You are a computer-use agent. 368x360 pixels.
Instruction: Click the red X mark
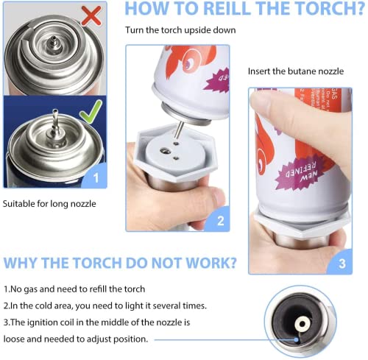(x=91, y=15)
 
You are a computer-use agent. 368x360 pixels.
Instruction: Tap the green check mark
(x=90, y=113)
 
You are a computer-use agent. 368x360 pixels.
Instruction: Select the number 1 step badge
(x=94, y=176)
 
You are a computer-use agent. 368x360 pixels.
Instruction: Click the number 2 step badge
(x=220, y=220)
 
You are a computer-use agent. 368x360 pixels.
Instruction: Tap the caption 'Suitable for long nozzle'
(x=49, y=202)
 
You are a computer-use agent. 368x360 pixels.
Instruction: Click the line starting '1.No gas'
(x=74, y=289)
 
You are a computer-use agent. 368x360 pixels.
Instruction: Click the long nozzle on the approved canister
(x=54, y=117)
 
